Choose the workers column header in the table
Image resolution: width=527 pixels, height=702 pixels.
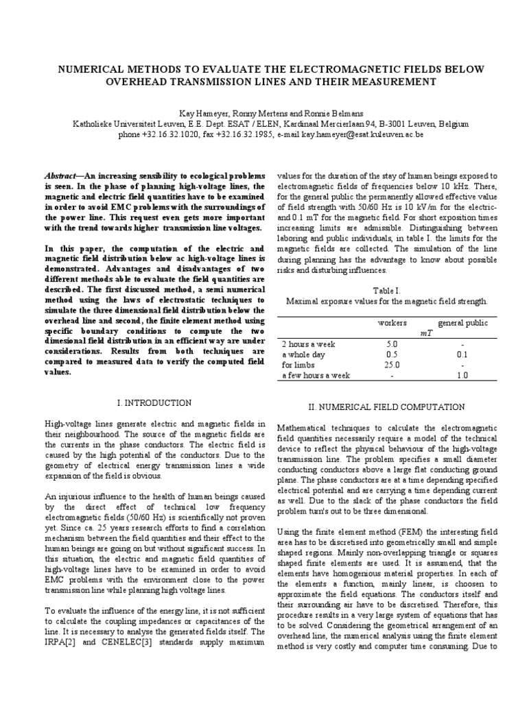point(392,322)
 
